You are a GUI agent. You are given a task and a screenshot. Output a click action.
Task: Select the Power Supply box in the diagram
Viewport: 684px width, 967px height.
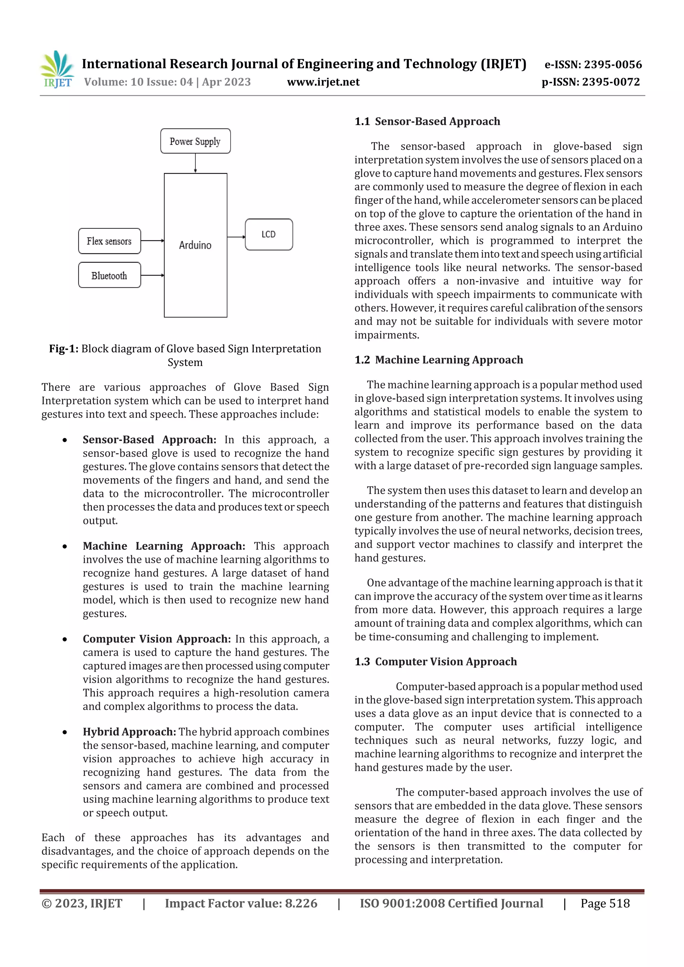coord(195,141)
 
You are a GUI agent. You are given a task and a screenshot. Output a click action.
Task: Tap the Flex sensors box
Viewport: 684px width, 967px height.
coord(109,241)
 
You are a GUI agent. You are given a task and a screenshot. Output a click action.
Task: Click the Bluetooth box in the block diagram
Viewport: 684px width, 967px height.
coord(109,275)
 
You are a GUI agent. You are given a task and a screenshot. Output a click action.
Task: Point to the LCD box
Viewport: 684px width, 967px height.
coord(269,234)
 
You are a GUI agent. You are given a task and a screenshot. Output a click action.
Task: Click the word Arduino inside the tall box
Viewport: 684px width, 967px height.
coord(195,245)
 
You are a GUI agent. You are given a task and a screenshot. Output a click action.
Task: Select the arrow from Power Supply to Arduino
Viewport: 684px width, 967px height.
coord(195,163)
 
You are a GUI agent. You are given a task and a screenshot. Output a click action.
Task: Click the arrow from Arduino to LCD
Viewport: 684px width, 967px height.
coord(236,237)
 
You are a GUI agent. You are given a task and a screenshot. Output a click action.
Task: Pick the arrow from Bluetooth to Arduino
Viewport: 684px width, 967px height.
coord(152,275)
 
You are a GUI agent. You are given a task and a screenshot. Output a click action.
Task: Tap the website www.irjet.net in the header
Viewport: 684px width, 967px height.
coord(323,82)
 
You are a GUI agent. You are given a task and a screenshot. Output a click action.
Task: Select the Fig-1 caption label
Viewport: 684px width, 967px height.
coord(64,349)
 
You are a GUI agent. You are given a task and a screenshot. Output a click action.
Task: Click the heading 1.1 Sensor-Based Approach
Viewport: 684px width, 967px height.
coord(427,122)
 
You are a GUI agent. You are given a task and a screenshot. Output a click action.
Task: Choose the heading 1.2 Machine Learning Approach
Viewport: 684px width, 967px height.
coord(438,360)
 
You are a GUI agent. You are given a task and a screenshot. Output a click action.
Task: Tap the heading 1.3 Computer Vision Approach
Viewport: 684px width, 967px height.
coord(436,662)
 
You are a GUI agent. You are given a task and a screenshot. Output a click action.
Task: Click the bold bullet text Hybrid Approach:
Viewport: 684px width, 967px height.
coord(129,732)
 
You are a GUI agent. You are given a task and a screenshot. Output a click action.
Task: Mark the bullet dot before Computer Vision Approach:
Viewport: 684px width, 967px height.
coord(64,639)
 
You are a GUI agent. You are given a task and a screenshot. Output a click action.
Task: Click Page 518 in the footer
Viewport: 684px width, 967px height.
coord(605,903)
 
